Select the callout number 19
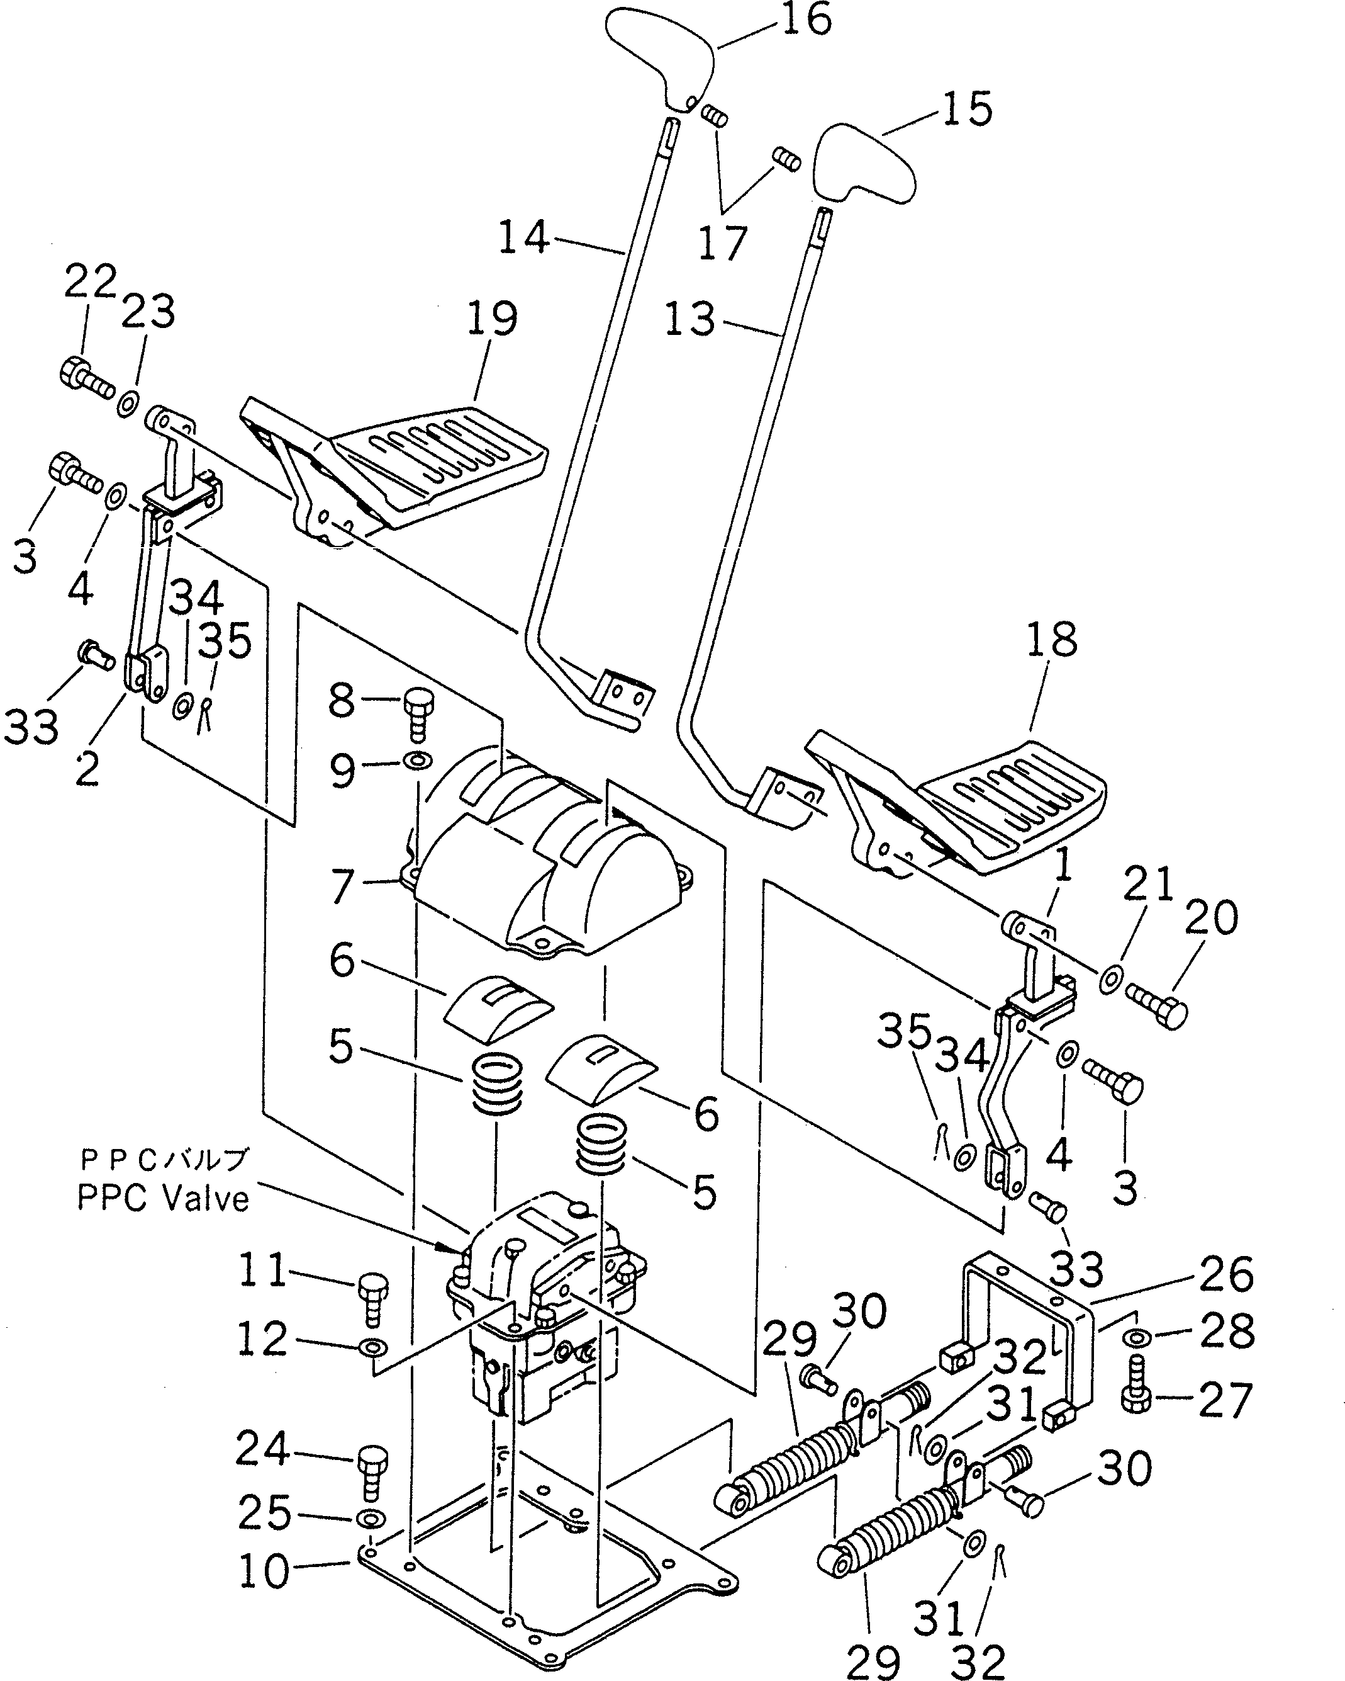492,318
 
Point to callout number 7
342,886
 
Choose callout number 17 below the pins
722,242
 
